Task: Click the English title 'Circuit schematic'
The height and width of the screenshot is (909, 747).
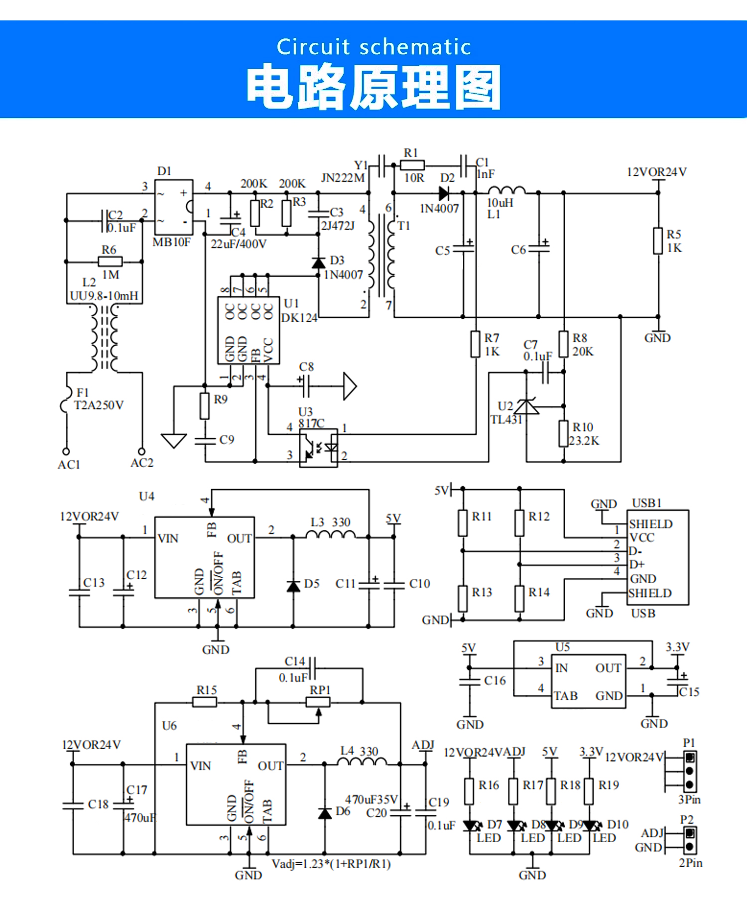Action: [x=373, y=47]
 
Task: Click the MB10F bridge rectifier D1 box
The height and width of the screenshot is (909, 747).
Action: [x=173, y=207]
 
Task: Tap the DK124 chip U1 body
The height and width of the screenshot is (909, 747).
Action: [x=249, y=330]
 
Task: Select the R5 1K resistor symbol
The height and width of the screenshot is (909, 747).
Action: [x=658, y=241]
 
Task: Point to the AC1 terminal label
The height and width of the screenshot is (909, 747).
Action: [x=69, y=465]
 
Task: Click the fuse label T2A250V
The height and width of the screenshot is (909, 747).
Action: [x=99, y=405]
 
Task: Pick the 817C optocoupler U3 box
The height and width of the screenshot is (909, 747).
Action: [x=318, y=448]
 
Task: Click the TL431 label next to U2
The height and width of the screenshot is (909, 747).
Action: [x=506, y=420]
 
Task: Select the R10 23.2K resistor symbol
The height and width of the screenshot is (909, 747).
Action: [x=563, y=433]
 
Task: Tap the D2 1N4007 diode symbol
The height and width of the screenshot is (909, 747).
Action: [x=444, y=193]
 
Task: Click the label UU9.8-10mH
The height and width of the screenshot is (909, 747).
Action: [x=104, y=296]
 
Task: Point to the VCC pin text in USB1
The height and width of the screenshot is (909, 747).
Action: [x=642, y=537]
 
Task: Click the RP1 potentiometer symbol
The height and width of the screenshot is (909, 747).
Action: [x=318, y=702]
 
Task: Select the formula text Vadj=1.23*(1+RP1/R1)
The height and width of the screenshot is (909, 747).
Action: [x=331, y=864]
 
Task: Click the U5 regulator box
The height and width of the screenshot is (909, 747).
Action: [x=590, y=681]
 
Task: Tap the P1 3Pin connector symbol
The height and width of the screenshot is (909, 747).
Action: [x=690, y=771]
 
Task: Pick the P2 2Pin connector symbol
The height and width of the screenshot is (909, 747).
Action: [x=690, y=840]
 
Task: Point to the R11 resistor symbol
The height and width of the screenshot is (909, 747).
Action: [x=463, y=522]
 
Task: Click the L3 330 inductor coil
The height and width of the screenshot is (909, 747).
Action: [x=330, y=534]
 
